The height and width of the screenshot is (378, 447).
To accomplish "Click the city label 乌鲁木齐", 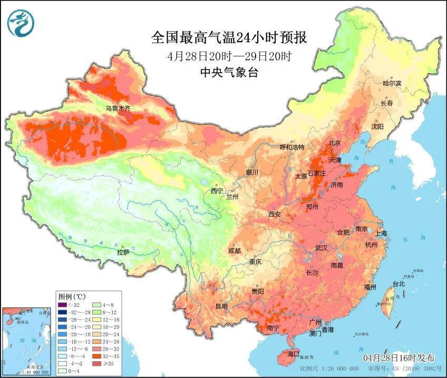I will click(x=118, y=108).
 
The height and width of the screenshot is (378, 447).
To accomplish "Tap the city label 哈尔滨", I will click(x=392, y=83).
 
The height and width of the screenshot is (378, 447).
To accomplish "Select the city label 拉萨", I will click(x=123, y=253).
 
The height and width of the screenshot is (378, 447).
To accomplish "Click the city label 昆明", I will click(x=221, y=306).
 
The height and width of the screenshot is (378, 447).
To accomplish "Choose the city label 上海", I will click(x=382, y=233).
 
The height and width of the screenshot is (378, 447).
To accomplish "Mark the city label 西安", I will click(x=275, y=214).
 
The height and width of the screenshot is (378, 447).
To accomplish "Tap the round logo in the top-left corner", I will click(x=21, y=24).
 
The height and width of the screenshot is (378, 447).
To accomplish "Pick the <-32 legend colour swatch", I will click(x=63, y=304).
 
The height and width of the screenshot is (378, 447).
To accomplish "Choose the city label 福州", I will click(x=370, y=287).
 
